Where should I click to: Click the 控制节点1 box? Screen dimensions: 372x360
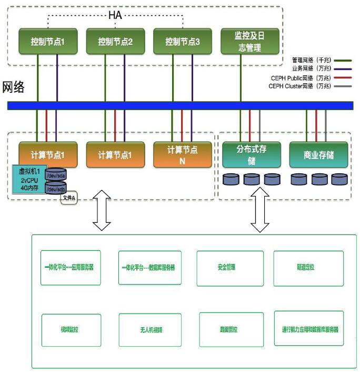coord(47,41)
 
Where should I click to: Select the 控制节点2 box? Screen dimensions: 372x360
coord(115,41)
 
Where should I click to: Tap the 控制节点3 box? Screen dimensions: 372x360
coord(183,41)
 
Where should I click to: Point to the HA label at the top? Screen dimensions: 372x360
coord(115,15)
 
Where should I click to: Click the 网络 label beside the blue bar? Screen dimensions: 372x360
coord(14,87)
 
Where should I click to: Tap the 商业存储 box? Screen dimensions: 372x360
coord(318,155)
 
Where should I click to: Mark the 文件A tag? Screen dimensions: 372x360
coord(69,198)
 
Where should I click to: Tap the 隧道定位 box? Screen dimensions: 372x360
coord(308,267)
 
